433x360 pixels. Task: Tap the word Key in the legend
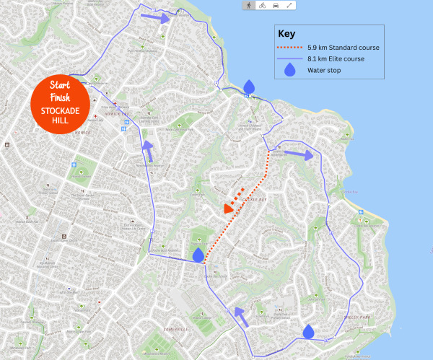coord(287,33)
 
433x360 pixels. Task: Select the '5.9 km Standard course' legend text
coord(343,48)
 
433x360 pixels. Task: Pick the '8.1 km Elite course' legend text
coord(336,58)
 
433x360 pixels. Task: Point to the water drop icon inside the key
coord(290,70)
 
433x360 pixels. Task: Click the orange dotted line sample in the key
coord(290,48)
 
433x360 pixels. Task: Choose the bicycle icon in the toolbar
coord(262,5)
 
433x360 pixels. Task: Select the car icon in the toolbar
coord(275,5)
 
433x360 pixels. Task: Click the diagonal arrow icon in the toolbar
coord(289,5)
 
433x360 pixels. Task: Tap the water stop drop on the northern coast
coord(249,87)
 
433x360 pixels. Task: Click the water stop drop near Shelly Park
coord(309,330)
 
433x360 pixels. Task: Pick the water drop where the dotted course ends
coord(198,255)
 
